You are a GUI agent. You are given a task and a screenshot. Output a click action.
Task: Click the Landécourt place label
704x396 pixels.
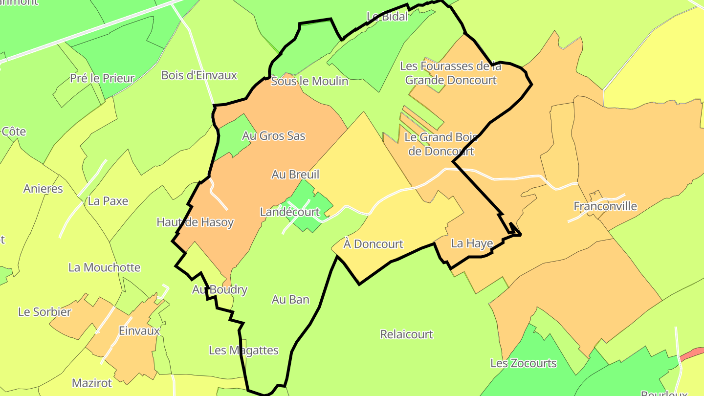pos(290,212)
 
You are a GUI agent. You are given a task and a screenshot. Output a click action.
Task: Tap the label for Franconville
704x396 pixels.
pos(605,206)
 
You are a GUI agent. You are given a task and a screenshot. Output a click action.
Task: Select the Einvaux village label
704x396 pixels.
pos(139,331)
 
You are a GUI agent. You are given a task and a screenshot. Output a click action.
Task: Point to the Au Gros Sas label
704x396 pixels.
pos(274,136)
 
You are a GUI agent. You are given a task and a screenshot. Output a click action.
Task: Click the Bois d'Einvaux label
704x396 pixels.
pos(199,75)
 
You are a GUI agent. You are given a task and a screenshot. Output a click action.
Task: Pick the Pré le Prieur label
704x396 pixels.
pos(102,78)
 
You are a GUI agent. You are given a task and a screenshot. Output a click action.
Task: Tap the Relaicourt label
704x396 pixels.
pos(407,334)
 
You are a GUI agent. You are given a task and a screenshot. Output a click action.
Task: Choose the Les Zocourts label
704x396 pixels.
pos(524,363)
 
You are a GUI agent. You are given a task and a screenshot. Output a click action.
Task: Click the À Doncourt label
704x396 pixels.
pos(374,244)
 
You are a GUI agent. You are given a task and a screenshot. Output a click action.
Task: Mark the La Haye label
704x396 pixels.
pos(472,243)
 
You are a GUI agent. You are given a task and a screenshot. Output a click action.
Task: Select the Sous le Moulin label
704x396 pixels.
pos(309,81)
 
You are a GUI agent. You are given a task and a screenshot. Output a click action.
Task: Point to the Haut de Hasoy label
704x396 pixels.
pos(195,222)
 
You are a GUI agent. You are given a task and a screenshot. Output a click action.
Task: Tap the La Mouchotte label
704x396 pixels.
pos(105,267)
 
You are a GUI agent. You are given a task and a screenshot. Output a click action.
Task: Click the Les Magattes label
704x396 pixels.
pos(243,351)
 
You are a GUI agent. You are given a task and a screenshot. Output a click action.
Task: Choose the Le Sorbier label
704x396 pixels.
pos(45,312)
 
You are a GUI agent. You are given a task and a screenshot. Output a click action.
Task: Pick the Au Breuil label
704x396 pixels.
pos(295,175)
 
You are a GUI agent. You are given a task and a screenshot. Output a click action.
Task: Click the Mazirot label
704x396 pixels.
pos(92,383)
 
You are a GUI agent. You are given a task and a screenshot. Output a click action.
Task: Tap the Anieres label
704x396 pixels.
pos(43,189)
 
